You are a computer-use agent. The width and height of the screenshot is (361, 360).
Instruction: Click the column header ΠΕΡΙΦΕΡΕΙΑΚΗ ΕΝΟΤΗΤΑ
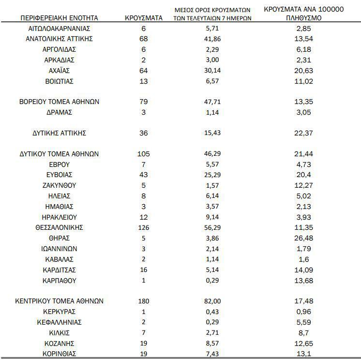click(59, 18)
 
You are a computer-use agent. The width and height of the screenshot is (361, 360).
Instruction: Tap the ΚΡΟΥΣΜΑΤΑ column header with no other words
click(143, 18)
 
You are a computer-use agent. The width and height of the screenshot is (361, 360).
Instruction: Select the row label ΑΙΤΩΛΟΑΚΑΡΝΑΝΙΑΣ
click(59, 29)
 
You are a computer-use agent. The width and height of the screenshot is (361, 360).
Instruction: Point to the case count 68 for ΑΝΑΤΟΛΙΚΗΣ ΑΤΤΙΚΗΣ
click(143, 39)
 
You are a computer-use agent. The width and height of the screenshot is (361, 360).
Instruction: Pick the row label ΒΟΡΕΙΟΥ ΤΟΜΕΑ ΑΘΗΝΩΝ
click(59, 102)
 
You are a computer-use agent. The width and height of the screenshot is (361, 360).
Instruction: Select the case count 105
click(143, 154)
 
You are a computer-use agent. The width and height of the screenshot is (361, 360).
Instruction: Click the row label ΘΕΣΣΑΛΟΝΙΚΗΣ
click(59, 227)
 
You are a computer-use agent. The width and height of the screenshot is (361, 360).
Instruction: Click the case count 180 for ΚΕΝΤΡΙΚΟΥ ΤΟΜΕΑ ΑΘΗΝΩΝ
click(143, 301)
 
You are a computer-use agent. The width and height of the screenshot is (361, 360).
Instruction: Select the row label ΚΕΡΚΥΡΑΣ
click(59, 312)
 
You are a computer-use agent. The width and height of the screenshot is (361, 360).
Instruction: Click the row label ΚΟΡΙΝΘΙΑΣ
click(59, 354)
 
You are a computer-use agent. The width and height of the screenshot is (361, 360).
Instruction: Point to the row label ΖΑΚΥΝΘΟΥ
click(59, 185)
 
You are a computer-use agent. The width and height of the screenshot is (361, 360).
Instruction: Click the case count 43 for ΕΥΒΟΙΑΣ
click(143, 175)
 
